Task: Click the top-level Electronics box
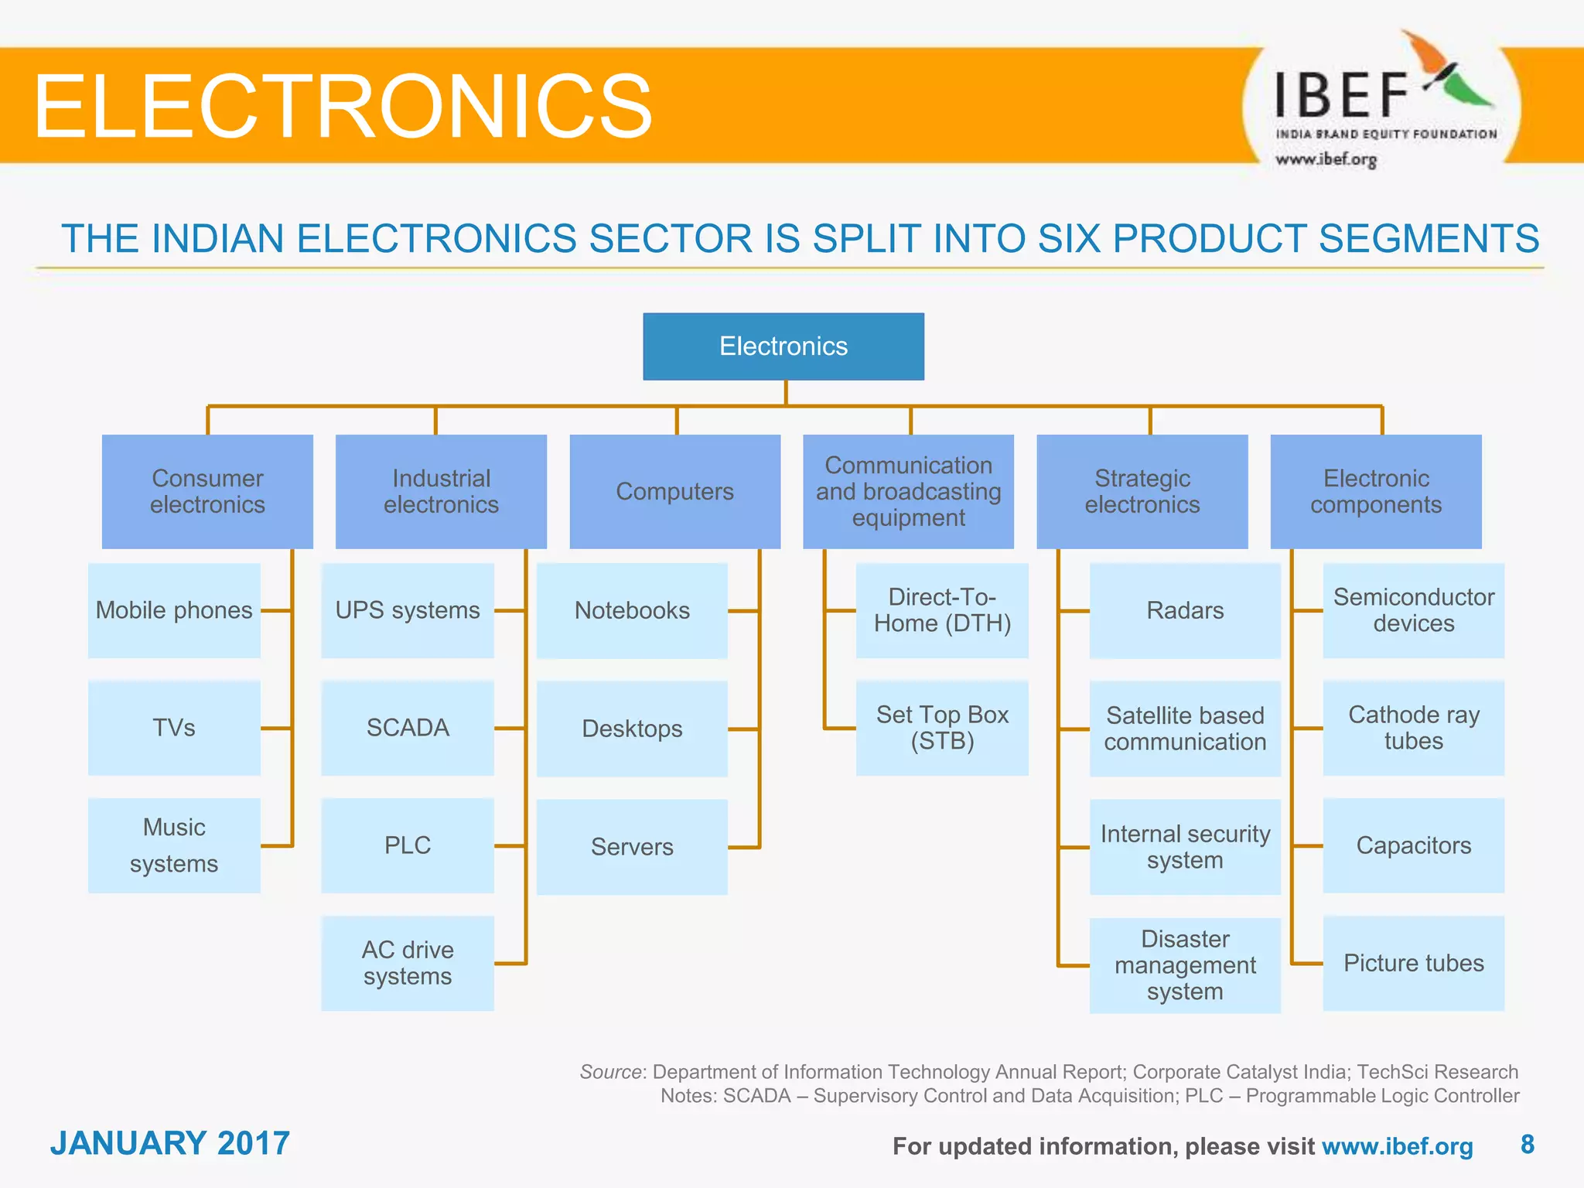tap(783, 346)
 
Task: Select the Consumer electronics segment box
tap(207, 491)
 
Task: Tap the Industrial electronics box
tap(441, 491)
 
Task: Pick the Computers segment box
tap(674, 491)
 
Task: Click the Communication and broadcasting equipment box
tap(908, 491)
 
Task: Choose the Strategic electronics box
tap(1142, 491)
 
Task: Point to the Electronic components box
tap(1376, 491)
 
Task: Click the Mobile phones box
tap(174, 610)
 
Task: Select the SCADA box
tap(408, 728)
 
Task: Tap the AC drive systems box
tap(408, 963)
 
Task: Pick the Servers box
tap(632, 847)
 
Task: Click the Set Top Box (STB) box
tap(942, 728)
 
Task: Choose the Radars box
tap(1185, 610)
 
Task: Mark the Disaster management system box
tap(1185, 964)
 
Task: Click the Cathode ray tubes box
tap(1413, 728)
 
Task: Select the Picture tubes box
tap(1413, 963)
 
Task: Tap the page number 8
tap(1527, 1144)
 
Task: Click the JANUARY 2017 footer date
tap(170, 1143)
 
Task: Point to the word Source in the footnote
tap(610, 1072)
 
